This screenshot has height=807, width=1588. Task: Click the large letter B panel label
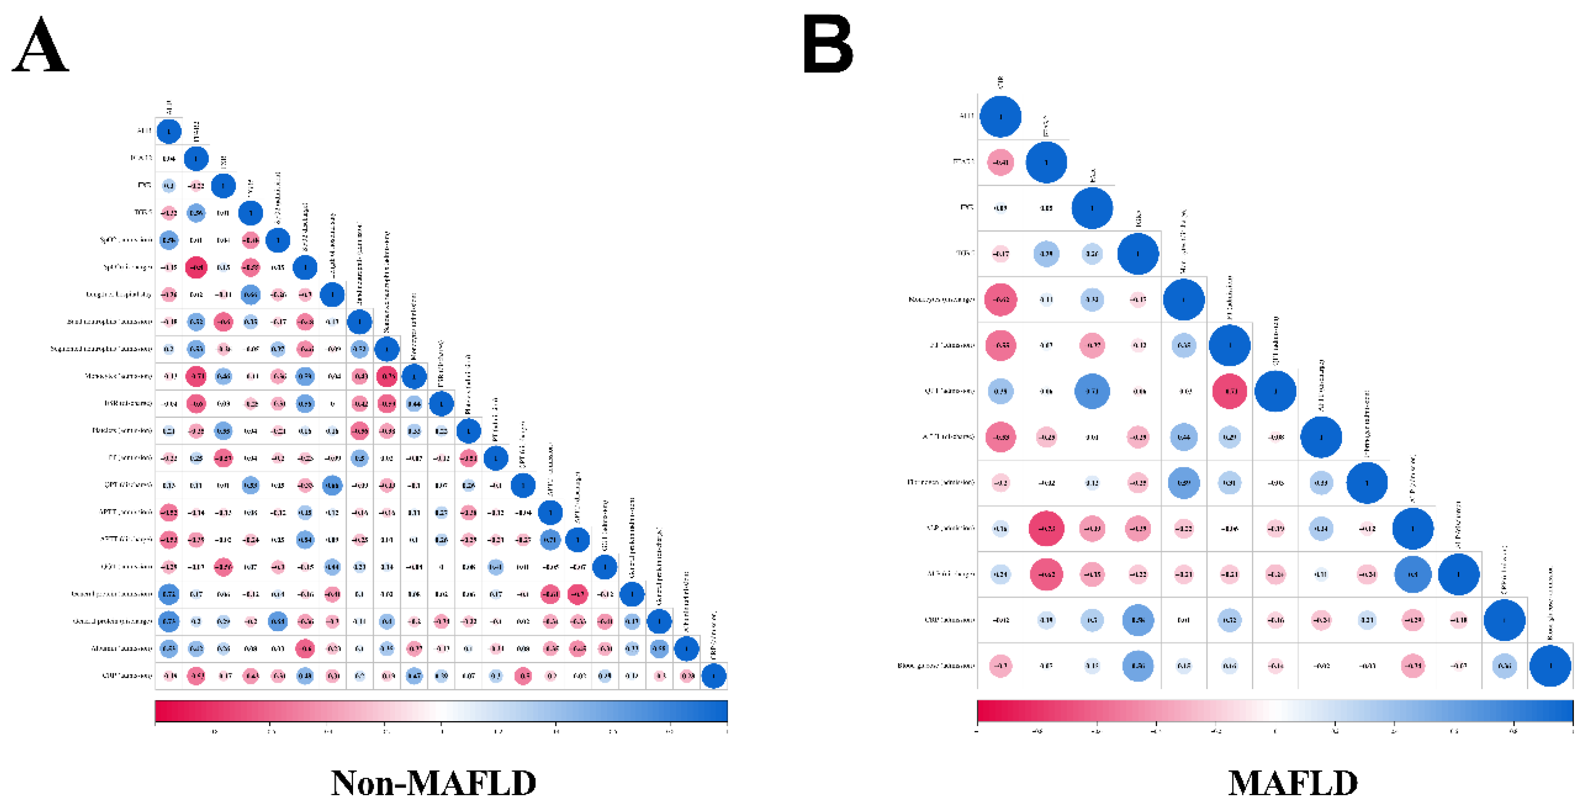(828, 44)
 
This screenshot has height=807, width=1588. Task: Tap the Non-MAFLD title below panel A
(434, 783)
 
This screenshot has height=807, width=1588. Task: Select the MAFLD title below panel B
(1293, 783)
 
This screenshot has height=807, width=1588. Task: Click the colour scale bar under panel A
(441, 710)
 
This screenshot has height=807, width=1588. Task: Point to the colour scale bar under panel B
(1275, 710)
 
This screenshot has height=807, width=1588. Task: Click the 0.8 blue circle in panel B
(1412, 574)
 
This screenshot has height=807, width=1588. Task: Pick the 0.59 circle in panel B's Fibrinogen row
(1183, 483)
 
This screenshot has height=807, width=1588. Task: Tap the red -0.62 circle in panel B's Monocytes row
(1000, 300)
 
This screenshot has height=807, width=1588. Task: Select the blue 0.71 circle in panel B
(1092, 391)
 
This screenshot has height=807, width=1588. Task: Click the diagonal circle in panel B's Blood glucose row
(1550, 666)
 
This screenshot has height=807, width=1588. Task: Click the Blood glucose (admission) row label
(936, 666)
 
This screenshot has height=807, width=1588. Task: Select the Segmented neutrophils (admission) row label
(101, 349)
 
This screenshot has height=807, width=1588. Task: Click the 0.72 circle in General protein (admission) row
(168, 595)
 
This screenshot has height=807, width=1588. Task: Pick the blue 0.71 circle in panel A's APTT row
(550, 539)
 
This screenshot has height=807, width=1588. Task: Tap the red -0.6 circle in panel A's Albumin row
(305, 649)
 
